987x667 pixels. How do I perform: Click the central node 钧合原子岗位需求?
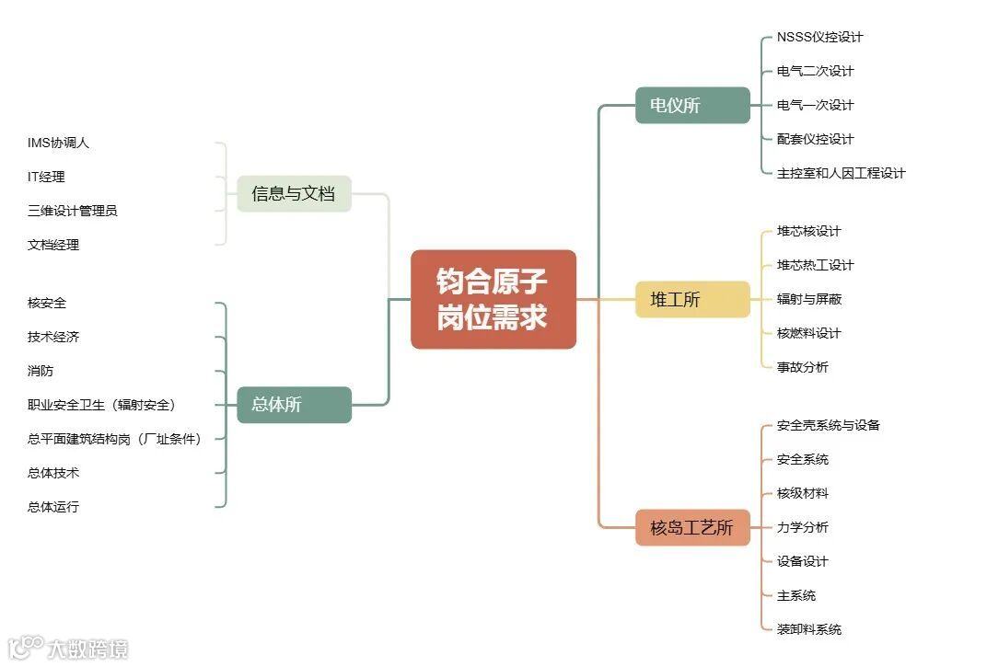point(493,299)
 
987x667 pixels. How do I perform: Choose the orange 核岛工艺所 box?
point(692,527)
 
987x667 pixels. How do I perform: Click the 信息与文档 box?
point(294,194)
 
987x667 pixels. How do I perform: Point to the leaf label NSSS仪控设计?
point(819,38)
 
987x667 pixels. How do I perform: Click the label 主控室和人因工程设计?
point(841,173)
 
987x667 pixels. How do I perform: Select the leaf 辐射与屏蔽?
point(808,299)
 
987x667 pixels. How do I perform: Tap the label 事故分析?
point(802,367)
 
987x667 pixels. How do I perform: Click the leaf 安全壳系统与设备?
point(828,425)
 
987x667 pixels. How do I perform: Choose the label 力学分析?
point(802,527)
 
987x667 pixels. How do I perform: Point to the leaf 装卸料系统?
point(808,629)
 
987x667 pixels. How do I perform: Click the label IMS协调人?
point(58,143)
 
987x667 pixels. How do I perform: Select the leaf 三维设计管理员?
point(72,211)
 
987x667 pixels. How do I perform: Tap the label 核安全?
point(46,303)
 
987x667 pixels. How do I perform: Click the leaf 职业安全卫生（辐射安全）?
point(101,405)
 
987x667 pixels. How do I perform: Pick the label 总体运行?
point(52,507)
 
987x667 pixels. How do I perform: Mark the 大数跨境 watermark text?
point(87,649)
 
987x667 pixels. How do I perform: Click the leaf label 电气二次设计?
point(815,71)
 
